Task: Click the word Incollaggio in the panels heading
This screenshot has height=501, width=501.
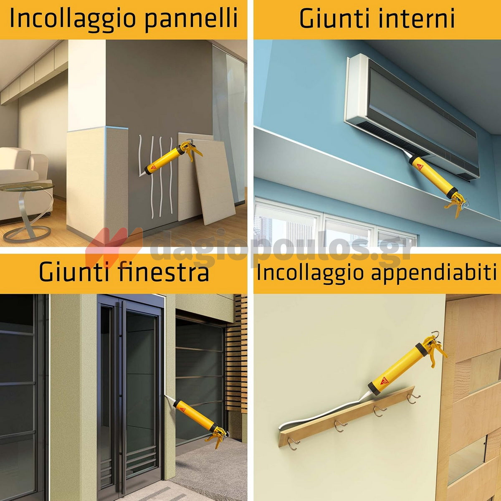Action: (x=67, y=19)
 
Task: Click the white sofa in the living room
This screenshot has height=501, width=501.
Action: (x=21, y=175)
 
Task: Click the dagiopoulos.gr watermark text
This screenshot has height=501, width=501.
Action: (x=280, y=248)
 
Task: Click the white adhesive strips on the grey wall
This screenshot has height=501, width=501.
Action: (x=157, y=175)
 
